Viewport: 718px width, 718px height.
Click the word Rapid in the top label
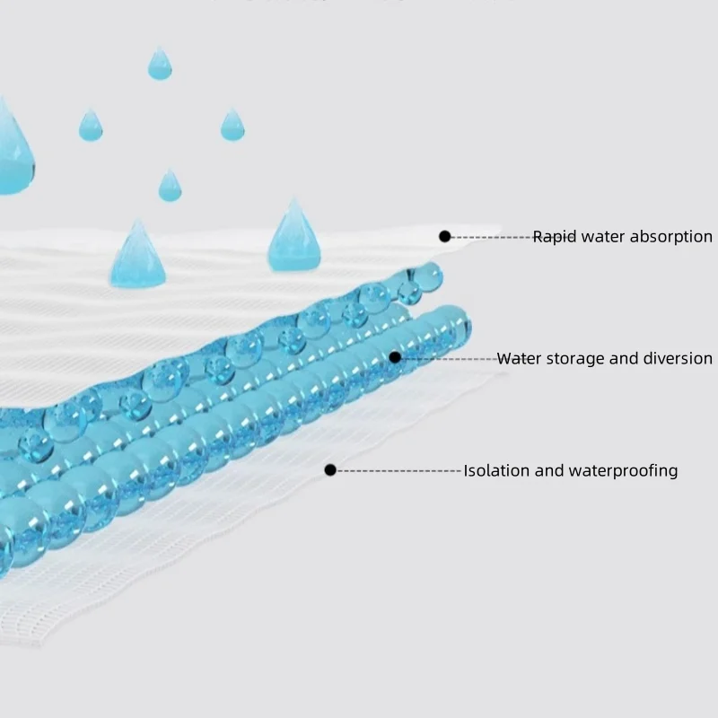(554, 237)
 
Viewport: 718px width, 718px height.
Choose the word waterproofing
(623, 471)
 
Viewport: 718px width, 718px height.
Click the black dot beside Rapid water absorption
(444, 236)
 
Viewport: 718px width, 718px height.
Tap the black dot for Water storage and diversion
(395, 357)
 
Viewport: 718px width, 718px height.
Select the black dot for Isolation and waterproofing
(330, 469)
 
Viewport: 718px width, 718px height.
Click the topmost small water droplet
(160, 64)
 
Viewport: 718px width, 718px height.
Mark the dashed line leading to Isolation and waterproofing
(398, 470)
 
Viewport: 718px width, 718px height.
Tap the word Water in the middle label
(520, 358)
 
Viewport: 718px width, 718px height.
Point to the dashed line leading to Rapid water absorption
(492, 237)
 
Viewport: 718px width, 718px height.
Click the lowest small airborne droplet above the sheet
(170, 186)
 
